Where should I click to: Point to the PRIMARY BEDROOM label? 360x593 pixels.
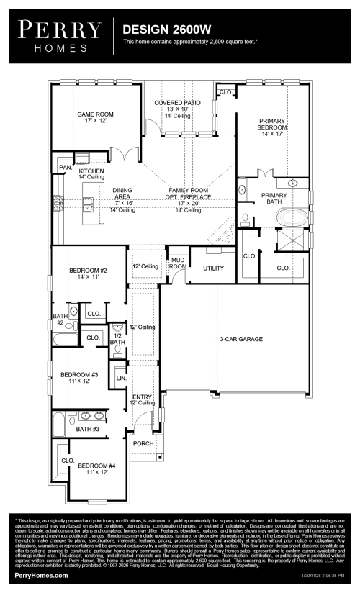[276, 125]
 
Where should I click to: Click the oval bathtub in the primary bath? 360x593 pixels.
[292, 216]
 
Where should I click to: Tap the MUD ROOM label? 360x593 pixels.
[177, 263]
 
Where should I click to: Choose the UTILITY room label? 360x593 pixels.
[214, 268]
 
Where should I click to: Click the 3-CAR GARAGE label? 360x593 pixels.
[241, 338]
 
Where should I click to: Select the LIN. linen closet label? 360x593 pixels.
[121, 378]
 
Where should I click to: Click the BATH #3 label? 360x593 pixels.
[89, 430]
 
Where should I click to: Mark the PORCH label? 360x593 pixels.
[143, 443]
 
